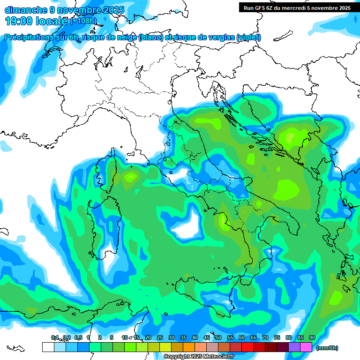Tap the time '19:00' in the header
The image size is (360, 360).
click(x=19, y=21)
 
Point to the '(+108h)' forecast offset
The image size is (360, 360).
click(x=83, y=21)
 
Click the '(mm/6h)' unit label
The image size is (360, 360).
click(x=327, y=348)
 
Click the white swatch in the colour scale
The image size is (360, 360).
click(x=48, y=347)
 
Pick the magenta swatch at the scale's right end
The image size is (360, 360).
click(x=306, y=347)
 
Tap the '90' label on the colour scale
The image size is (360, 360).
click(x=312, y=337)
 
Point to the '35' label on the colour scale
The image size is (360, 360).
click(x=183, y=337)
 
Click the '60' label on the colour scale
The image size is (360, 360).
click(x=241, y=337)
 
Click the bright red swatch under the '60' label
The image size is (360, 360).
click(x=247, y=347)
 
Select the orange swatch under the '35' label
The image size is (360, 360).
click(x=188, y=347)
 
